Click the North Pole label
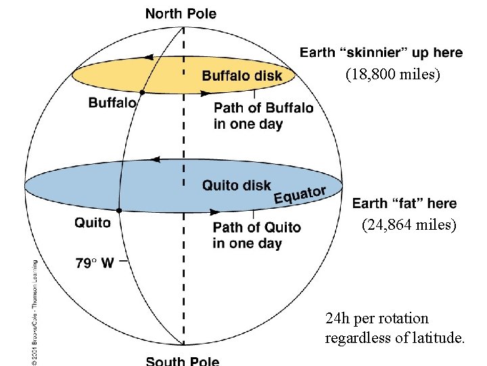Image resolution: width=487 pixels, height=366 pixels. coord(181,14)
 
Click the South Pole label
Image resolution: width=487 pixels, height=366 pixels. coord(182,361)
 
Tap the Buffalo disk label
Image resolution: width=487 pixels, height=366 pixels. coord(242,75)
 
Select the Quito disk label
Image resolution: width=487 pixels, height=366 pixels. coord(237,184)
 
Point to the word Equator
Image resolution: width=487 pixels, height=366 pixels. coord(300,195)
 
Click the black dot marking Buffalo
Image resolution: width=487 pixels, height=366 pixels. coord(142,92)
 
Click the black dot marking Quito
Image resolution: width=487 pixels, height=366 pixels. coord(119,211)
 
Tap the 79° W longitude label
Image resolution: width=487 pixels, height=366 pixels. coord(95,264)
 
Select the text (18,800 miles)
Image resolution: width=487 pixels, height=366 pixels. coord(392,75)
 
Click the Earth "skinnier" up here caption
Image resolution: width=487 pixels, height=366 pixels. coord(381,52)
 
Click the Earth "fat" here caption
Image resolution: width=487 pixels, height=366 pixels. coord(404,203)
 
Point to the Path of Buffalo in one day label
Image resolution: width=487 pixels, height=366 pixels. coord(263,116)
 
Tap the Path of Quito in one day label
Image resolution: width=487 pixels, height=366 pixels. coord(256,235)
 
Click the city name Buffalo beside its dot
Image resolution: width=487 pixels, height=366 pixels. coord(112,103)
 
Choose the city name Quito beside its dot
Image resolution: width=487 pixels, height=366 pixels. coord(93,222)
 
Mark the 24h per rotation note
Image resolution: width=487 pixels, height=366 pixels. coord(395,328)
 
